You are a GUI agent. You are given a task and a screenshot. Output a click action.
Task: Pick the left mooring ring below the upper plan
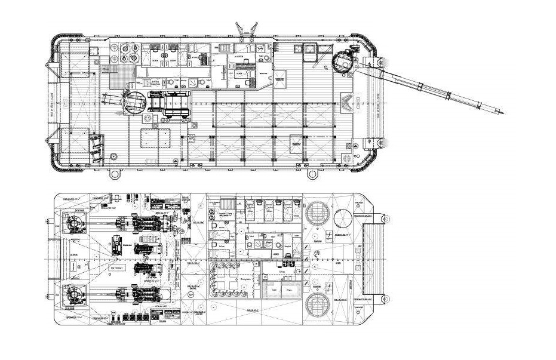coord(113,174)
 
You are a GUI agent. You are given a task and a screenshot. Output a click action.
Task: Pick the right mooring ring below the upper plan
coord(312,174)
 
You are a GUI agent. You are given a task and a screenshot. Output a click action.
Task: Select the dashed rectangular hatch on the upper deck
coord(149,139)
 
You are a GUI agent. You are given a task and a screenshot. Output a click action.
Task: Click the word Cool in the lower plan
coord(273,290)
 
